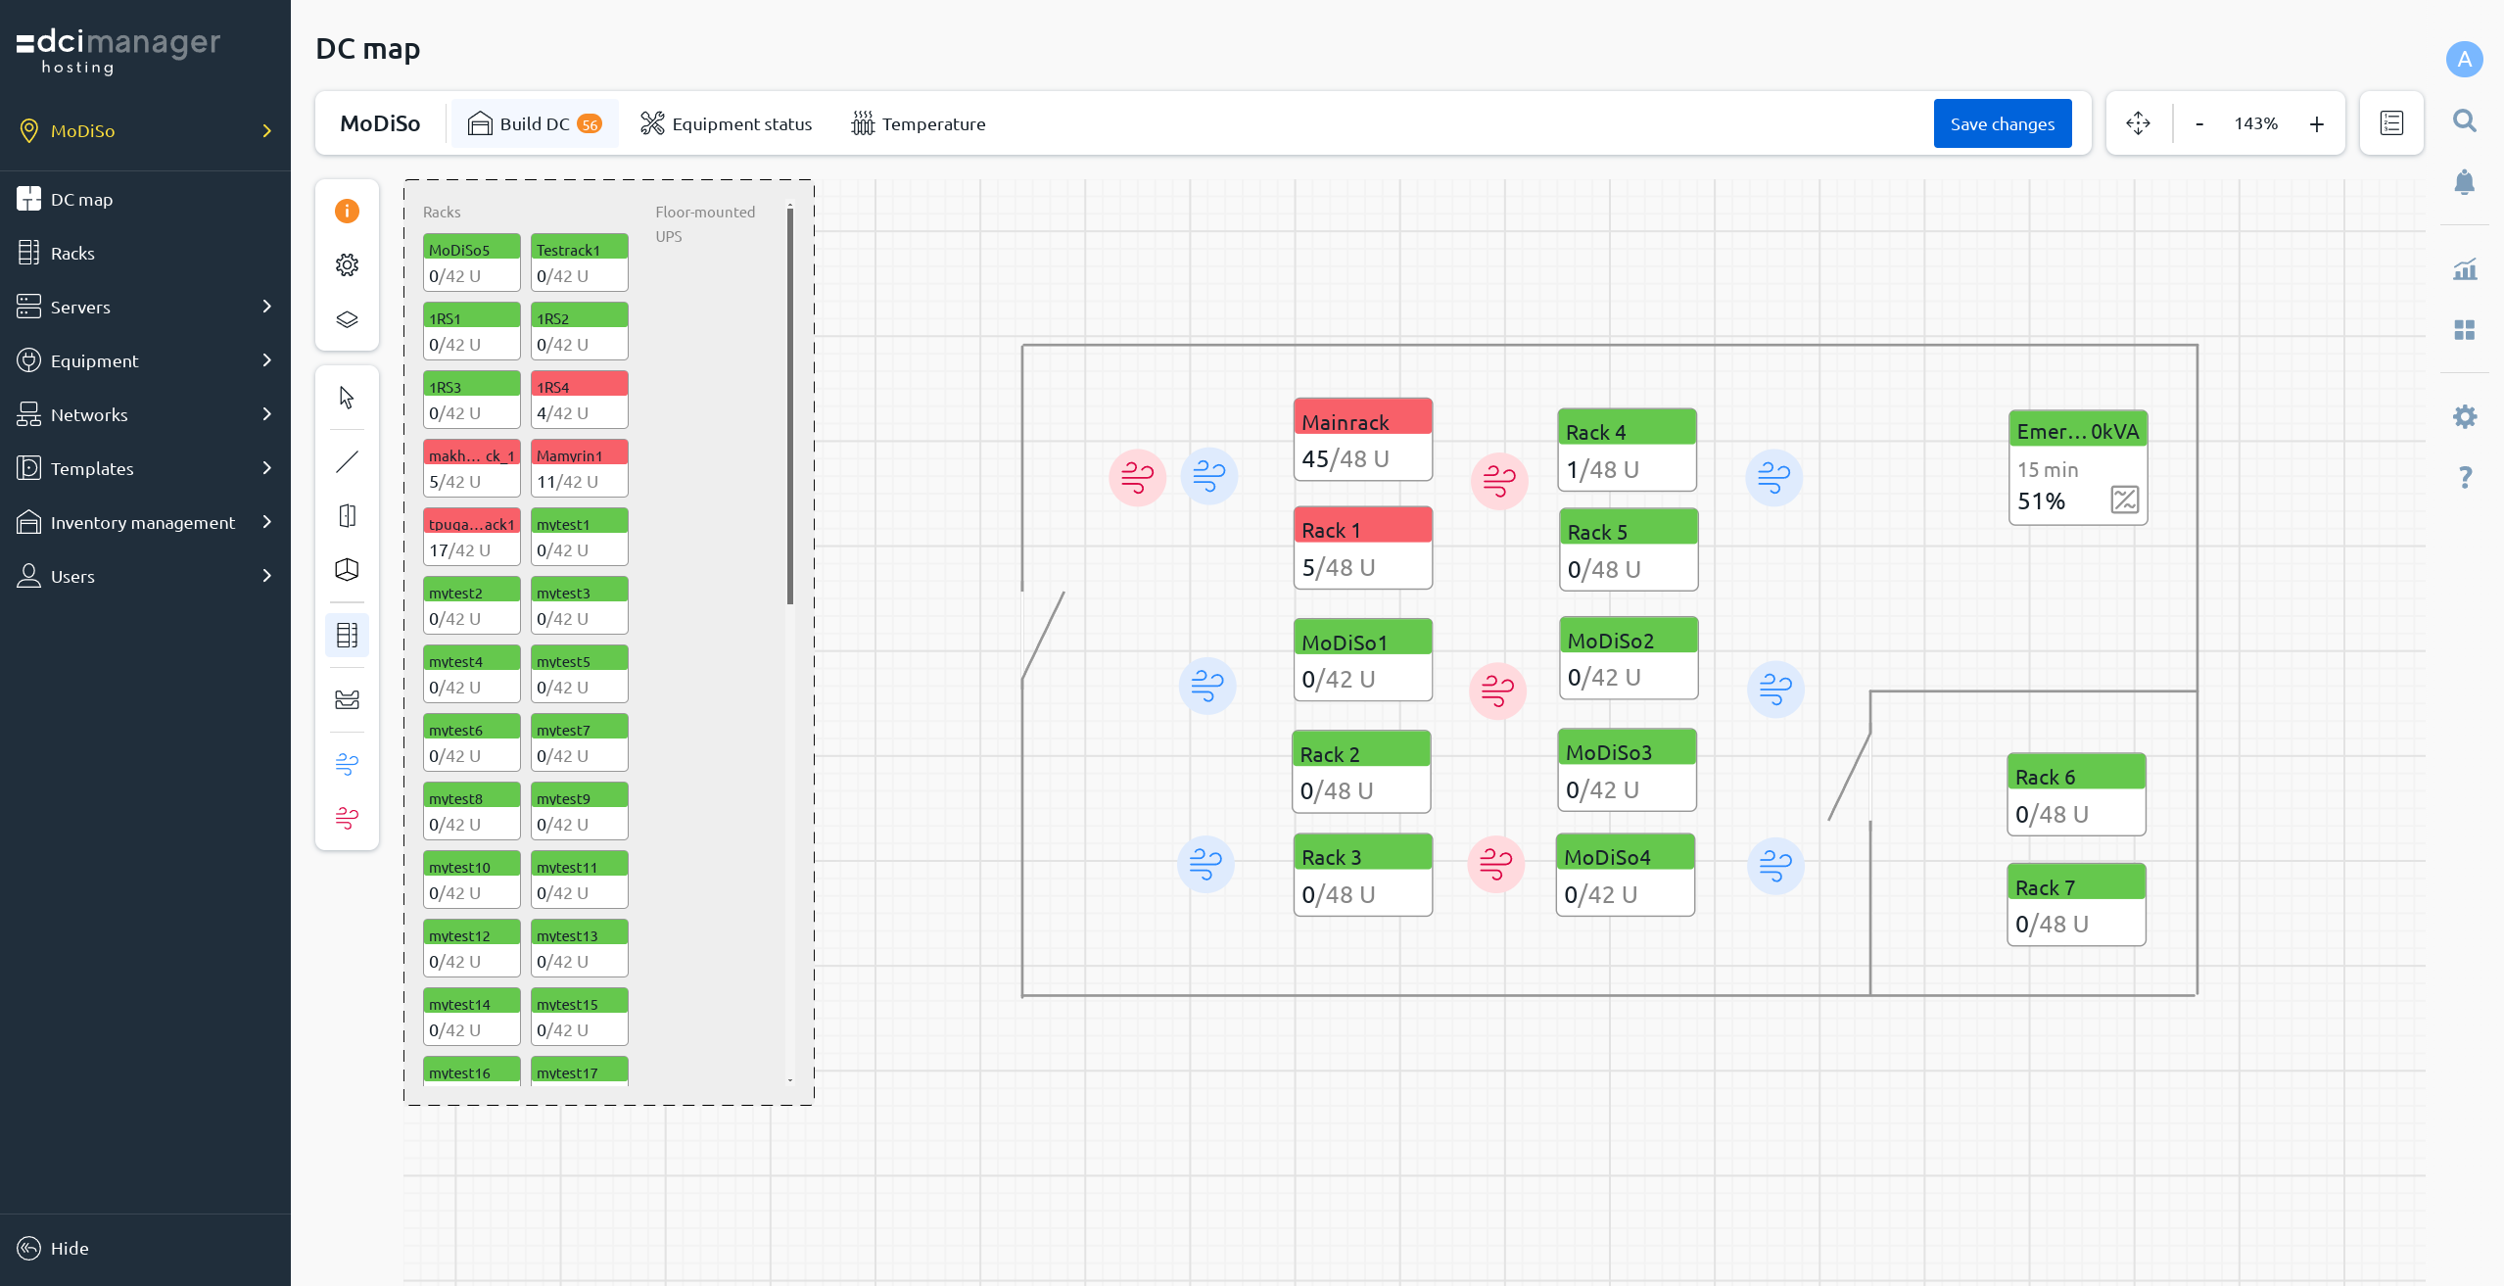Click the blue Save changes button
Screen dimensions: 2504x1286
click(x=2002, y=123)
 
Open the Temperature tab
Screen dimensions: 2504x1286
click(x=919, y=123)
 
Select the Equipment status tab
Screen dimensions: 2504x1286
click(x=727, y=123)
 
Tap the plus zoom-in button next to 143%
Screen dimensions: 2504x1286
click(x=2316, y=123)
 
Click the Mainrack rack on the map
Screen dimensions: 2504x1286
click(x=1362, y=440)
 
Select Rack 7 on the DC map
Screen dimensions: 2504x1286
click(x=2076, y=904)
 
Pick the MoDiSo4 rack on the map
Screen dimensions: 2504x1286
click(x=1625, y=875)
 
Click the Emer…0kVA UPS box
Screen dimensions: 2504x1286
click(x=2078, y=468)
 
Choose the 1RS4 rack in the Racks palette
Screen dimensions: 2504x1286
click(x=579, y=400)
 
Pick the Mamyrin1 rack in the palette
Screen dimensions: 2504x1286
click(x=579, y=468)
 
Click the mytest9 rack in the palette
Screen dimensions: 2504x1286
click(x=579, y=811)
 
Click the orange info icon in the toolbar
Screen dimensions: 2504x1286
click(x=347, y=211)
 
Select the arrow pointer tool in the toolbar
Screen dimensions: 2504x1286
click(x=347, y=397)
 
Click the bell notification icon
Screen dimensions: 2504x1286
click(x=2465, y=182)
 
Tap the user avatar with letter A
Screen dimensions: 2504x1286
click(x=2464, y=59)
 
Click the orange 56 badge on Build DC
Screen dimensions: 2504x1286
click(x=590, y=124)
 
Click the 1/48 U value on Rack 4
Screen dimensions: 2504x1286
click(x=1602, y=470)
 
